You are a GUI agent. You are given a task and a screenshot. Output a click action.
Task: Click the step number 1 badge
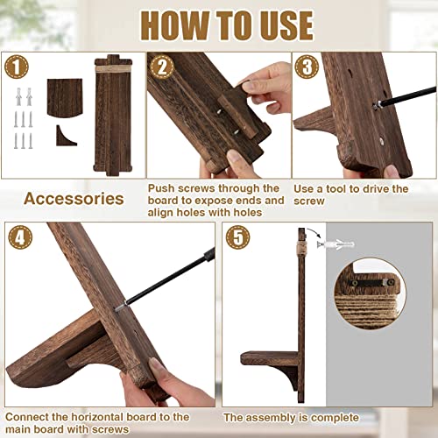(18, 66)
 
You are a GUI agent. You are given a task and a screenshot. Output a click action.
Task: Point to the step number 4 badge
(19, 238)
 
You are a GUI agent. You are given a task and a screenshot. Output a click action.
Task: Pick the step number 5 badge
(237, 238)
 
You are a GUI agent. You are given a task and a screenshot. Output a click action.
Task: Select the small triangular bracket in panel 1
(63, 136)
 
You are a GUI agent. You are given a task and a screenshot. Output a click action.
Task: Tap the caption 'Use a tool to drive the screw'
(350, 194)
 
